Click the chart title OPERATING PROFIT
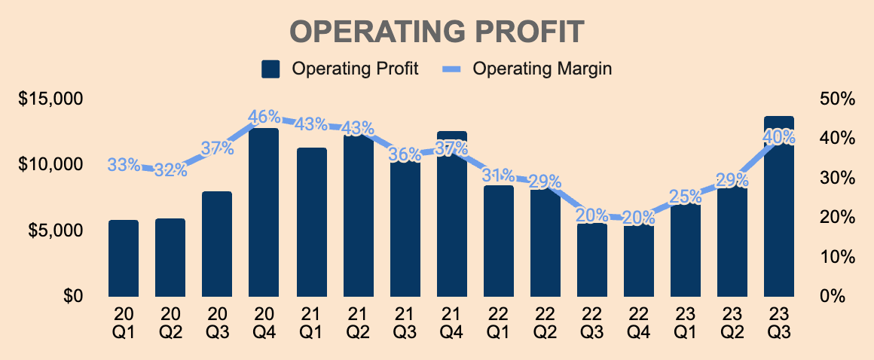(x=437, y=32)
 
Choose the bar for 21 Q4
(x=451, y=218)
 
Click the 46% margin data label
(x=264, y=117)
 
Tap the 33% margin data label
(x=124, y=165)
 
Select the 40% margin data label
(x=779, y=137)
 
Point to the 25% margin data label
(x=686, y=197)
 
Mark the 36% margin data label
(x=405, y=154)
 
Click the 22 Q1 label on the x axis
(x=498, y=321)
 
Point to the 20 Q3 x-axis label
(x=217, y=321)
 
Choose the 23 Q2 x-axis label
(x=732, y=321)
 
